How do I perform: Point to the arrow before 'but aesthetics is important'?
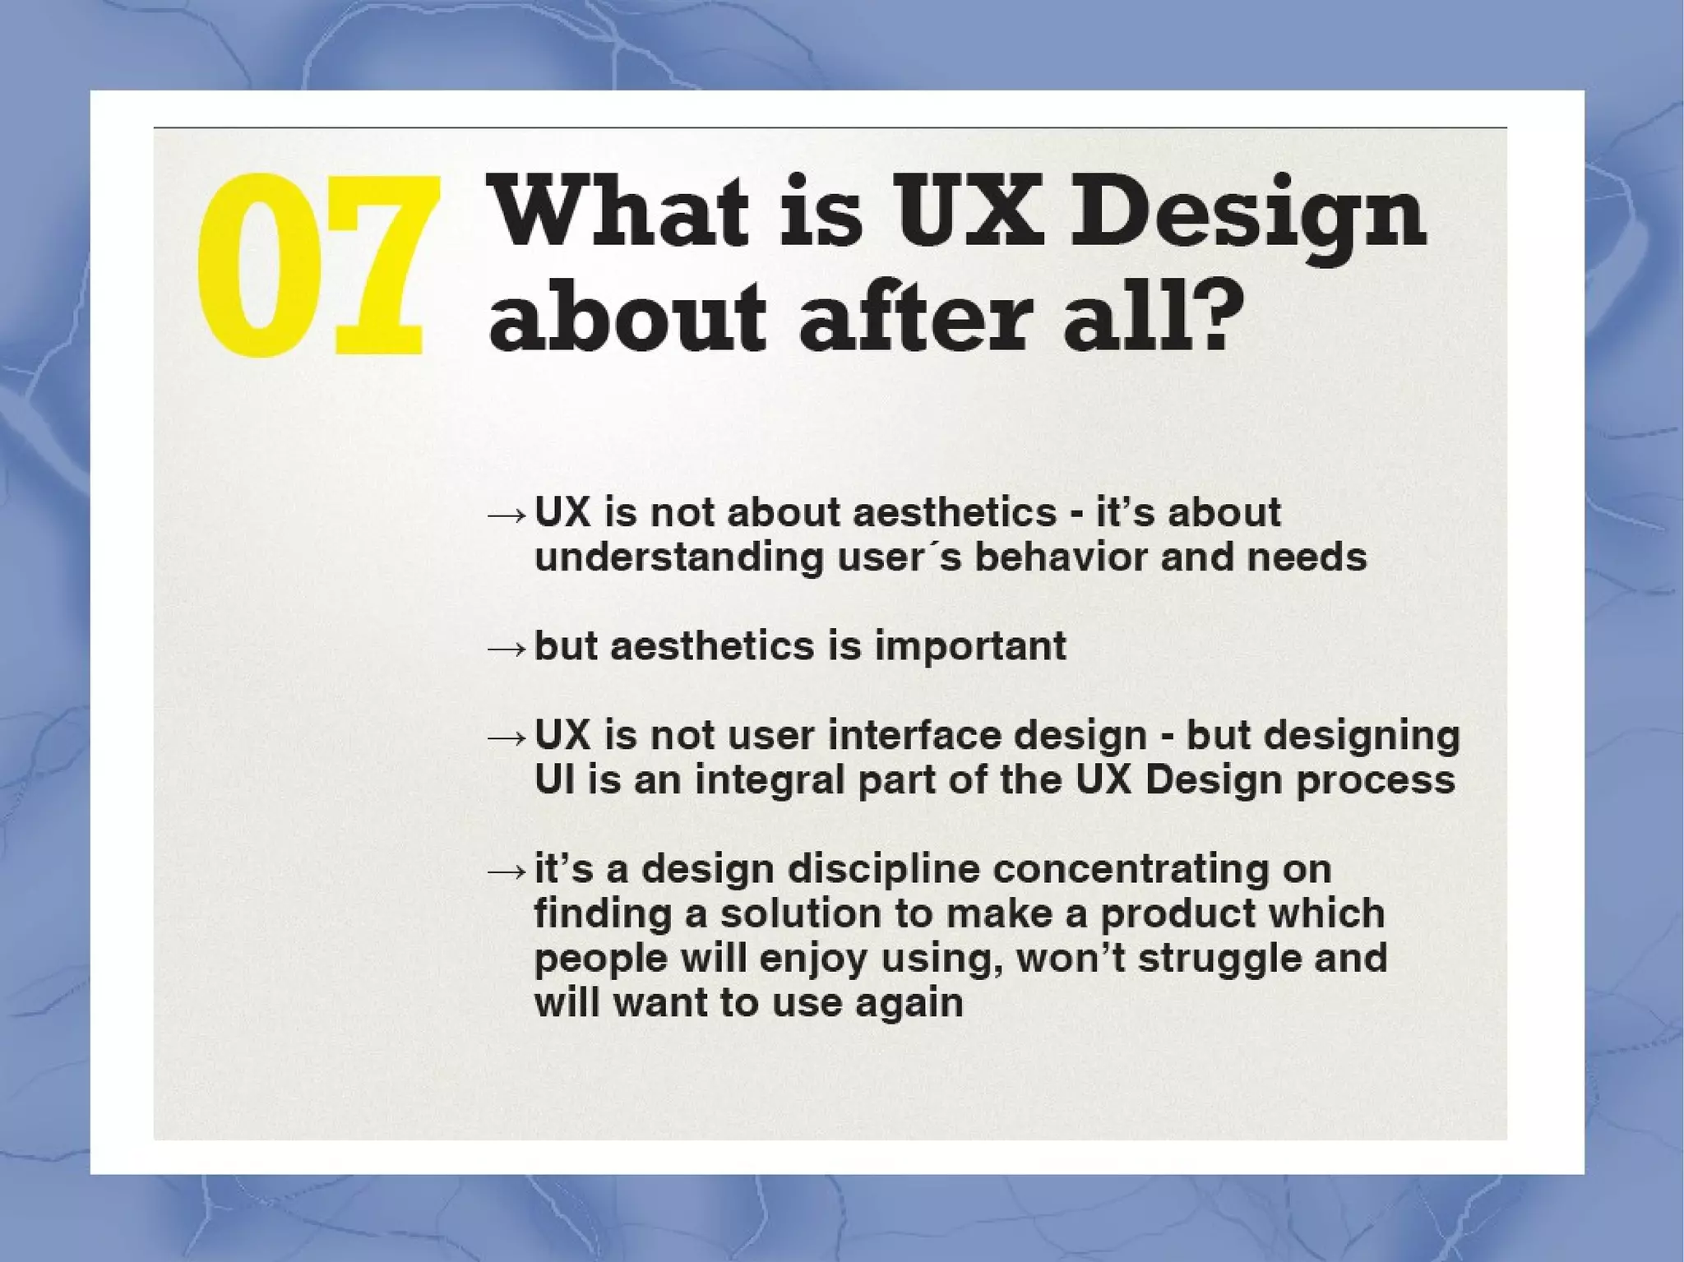[x=506, y=649]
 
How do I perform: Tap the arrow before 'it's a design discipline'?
[x=506, y=872]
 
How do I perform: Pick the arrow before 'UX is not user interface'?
[x=506, y=738]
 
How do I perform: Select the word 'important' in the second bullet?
[x=969, y=646]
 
